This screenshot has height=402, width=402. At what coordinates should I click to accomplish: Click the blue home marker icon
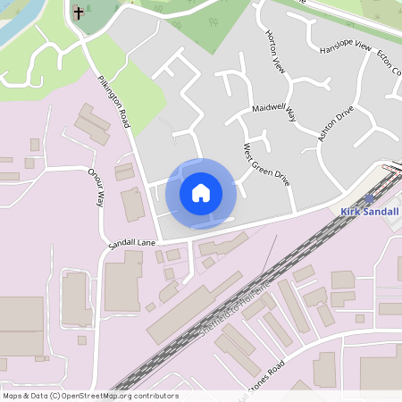click(201, 192)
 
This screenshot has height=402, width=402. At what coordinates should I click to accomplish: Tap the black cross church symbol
click(79, 13)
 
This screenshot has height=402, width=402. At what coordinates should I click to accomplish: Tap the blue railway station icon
click(371, 199)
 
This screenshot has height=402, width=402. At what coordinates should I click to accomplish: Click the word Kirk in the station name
click(350, 212)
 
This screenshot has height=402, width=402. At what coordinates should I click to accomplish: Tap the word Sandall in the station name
click(381, 212)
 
